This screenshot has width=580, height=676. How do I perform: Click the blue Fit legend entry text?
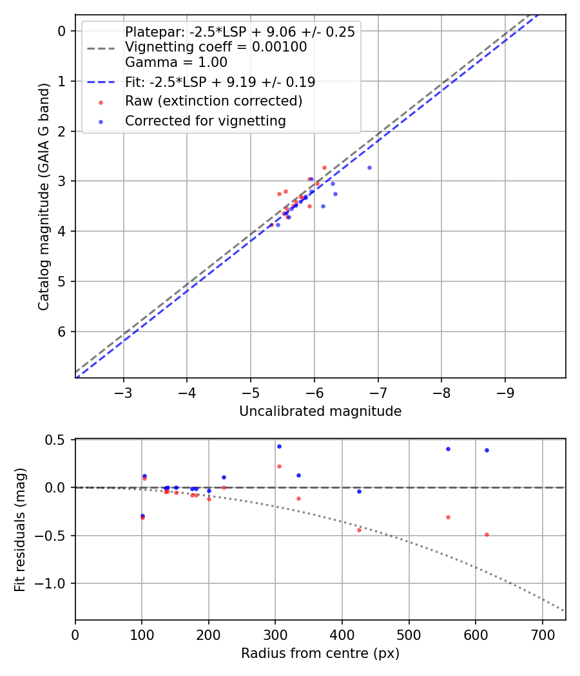pyautogui.click(x=220, y=82)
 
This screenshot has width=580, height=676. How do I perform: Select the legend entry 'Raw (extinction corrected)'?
pyautogui.click(x=213, y=101)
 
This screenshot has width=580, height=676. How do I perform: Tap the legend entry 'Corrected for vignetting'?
pyautogui.click(x=205, y=120)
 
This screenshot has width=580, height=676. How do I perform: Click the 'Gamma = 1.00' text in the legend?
pyautogui.click(x=176, y=62)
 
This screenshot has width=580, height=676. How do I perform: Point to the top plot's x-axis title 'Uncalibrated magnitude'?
pyautogui.click(x=320, y=411)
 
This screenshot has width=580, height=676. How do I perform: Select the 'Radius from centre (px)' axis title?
pyautogui.click(x=320, y=653)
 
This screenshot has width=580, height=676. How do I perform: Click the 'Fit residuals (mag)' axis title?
pyautogui.click(x=20, y=529)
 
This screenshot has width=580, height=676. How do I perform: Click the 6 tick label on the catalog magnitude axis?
pyautogui.click(x=62, y=332)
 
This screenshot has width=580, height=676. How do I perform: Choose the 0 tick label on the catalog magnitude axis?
pyautogui.click(x=62, y=31)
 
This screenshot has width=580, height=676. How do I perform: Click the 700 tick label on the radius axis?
pyautogui.click(x=542, y=634)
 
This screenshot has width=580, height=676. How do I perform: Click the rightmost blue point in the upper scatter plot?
pyautogui.click(x=369, y=167)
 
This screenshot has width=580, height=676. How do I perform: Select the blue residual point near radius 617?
pyautogui.click(x=487, y=450)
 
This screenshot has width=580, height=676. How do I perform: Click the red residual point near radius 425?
pyautogui.click(x=359, y=530)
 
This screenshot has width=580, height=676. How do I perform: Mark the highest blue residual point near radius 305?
pyautogui.click(x=279, y=446)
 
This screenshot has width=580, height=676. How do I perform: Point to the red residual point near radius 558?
pyautogui.click(x=448, y=517)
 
